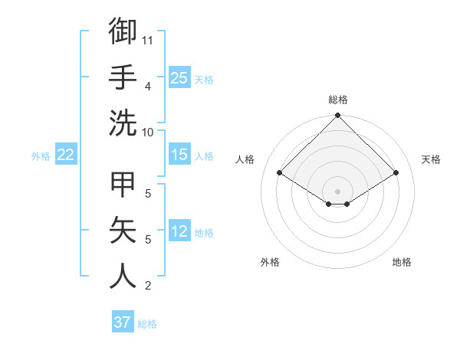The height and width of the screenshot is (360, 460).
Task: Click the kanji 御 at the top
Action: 123,31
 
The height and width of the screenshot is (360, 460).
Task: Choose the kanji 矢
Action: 123,230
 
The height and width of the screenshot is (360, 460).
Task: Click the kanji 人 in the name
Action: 123,276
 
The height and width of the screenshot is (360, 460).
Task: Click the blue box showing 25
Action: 179,78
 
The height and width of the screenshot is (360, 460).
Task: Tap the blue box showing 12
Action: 179,232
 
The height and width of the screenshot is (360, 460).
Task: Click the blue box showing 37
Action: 123,322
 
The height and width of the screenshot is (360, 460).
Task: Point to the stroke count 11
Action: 148,38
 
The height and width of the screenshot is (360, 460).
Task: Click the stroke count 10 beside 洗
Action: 148,132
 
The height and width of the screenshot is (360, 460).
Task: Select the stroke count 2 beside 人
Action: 147,286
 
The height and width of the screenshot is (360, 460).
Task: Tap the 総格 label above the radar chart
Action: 338,100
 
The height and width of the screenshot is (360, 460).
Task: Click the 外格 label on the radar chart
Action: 270,262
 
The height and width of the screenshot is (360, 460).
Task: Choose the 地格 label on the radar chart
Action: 402,262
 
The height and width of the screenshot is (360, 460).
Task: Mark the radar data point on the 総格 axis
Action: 338,116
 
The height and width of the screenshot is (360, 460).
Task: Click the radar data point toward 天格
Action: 396,173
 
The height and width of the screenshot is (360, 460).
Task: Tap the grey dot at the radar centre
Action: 338,190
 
